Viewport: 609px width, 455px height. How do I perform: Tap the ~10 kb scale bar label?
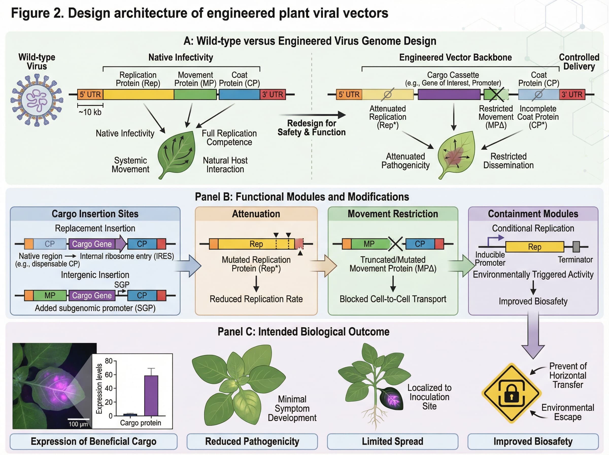pos(90,112)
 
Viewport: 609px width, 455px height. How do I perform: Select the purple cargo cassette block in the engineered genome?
pos(449,94)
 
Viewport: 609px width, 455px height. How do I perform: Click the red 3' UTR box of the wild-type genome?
pos(273,94)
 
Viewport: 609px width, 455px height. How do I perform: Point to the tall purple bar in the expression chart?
pos(151,396)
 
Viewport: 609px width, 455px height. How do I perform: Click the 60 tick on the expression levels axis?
pos(109,375)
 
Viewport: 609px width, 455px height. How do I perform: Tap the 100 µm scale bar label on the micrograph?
pos(78,424)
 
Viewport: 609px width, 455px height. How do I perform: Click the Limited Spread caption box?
pos(392,442)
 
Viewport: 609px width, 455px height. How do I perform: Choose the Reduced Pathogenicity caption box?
pos(252,442)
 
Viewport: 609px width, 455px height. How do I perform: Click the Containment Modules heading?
pos(533,214)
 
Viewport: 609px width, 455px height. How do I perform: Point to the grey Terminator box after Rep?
pos(576,247)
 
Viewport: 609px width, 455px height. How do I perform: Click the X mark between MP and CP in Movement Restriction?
pos(395,244)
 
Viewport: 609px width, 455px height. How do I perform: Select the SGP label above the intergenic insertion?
pos(122,285)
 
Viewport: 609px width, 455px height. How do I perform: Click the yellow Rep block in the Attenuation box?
pos(256,244)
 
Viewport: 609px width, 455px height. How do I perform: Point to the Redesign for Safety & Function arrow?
pos(312,115)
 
